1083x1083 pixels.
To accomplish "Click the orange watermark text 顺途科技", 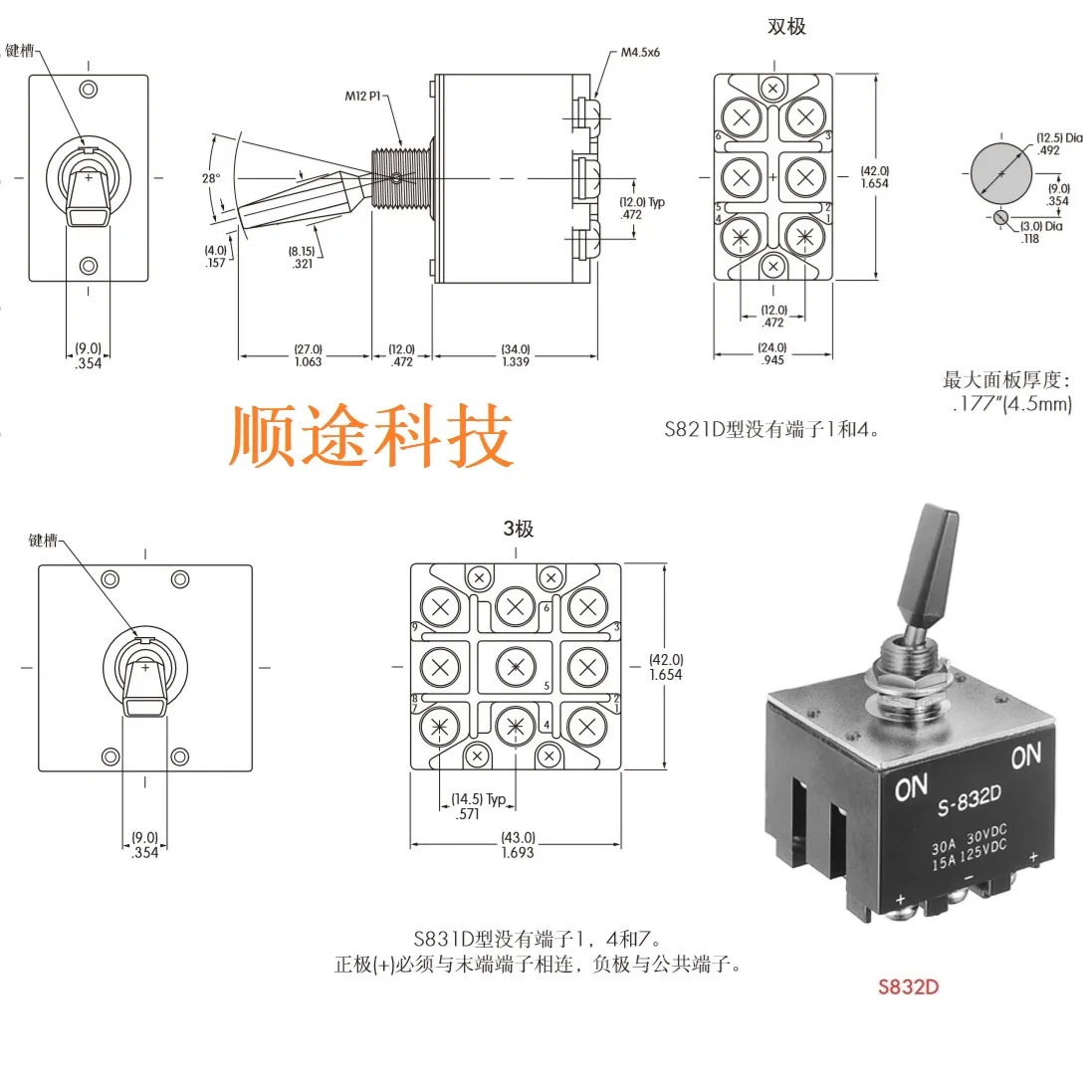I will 372,436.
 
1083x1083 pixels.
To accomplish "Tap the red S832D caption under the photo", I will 908,988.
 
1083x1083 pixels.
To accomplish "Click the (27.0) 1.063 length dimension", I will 308,355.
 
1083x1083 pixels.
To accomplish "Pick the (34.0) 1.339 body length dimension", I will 516,355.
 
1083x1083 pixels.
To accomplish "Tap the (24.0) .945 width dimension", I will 772,353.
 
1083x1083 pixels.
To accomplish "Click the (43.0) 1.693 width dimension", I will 518,845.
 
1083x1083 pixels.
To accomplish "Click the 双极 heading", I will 786,27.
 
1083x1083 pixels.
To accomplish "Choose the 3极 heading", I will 518,530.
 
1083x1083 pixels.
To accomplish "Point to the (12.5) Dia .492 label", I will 1058,144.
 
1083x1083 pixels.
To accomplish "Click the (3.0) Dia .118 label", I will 1040,232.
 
